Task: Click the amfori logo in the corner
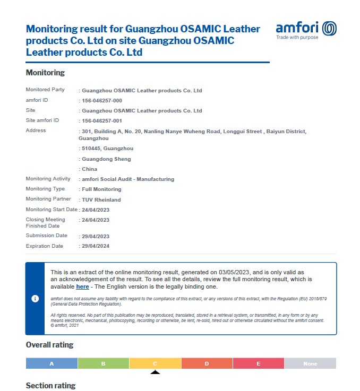point(306,30)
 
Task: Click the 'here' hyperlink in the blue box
point(82,286)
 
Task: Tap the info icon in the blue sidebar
point(35,299)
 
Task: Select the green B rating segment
point(104,363)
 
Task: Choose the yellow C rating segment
point(155,363)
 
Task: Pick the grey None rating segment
point(310,363)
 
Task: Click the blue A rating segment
point(52,363)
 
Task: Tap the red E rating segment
point(259,363)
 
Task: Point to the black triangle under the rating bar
point(155,372)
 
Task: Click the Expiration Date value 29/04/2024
point(96,246)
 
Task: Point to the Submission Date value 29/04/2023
point(96,236)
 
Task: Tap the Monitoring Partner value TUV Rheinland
point(101,199)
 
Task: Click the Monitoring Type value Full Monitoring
point(101,189)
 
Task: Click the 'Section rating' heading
point(50,386)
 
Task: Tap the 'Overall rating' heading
point(49,345)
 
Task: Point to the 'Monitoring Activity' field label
point(48,179)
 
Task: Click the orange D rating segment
point(207,363)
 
